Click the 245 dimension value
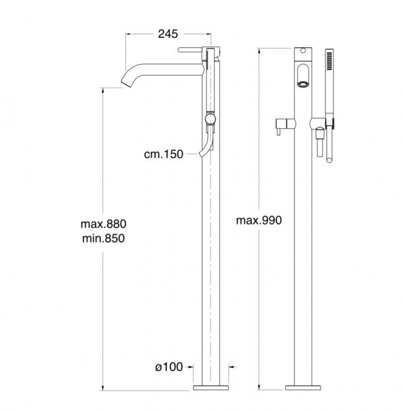(168, 34)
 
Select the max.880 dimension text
(104, 224)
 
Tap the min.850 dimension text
(103, 238)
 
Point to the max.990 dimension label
(259, 220)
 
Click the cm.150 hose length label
(163, 154)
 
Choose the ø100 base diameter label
(169, 367)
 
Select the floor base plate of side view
(211, 388)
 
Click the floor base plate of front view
(303, 388)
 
